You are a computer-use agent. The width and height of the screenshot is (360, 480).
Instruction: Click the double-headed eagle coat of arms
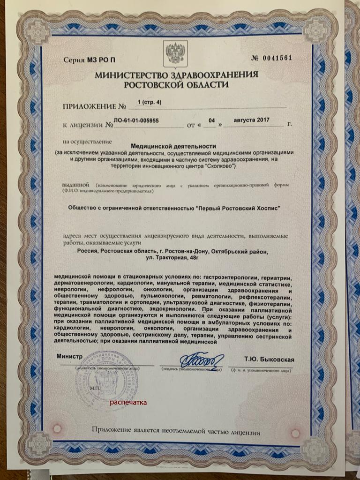click(x=175, y=52)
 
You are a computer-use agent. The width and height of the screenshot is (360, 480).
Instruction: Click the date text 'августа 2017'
click(x=252, y=120)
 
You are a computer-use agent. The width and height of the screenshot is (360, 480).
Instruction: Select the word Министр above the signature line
click(x=69, y=357)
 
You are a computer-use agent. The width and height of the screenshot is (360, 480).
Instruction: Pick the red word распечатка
click(x=128, y=402)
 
